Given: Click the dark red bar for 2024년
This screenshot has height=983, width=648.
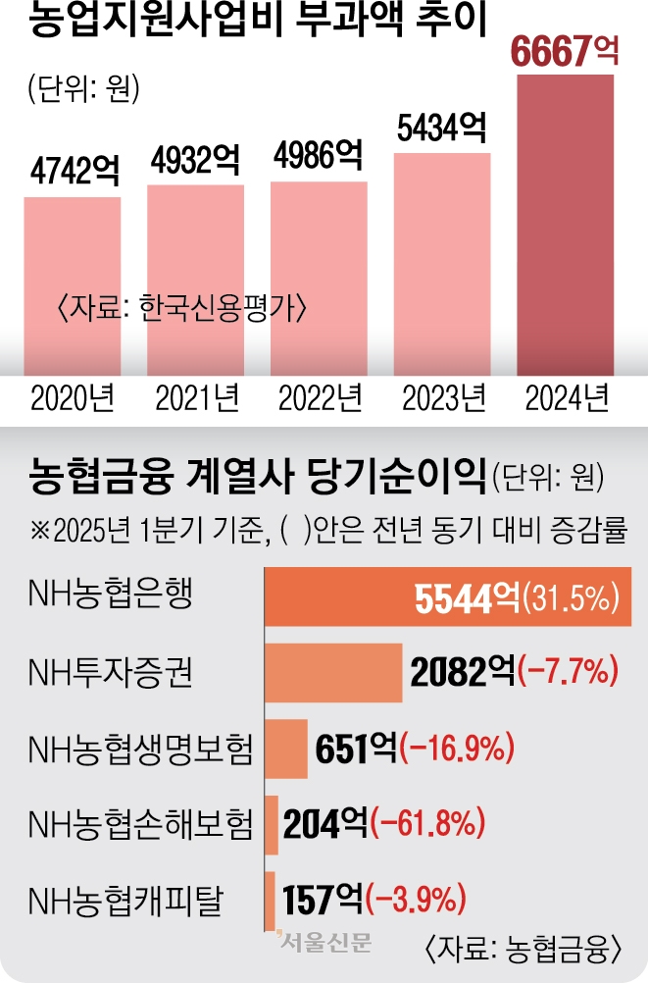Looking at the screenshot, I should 566,226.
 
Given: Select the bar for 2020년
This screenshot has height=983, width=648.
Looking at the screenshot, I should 73,285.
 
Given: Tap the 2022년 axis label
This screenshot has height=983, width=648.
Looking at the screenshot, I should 320,399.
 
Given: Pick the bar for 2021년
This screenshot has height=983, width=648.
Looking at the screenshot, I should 195,280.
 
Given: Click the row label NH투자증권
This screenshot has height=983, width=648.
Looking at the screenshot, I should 110,672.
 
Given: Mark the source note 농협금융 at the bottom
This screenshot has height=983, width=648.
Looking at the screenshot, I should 526,948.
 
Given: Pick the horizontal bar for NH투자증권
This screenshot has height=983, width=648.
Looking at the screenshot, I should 333,673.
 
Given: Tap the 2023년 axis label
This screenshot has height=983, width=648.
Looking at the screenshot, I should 444,399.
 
